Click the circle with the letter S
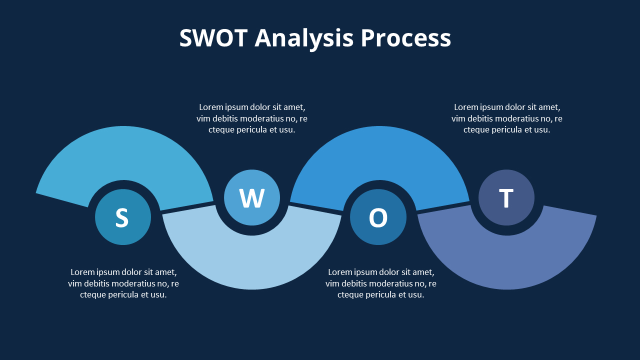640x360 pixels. (123, 217)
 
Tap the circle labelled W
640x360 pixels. (251, 197)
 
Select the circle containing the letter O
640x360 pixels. (378, 217)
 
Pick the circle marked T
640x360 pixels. (506, 197)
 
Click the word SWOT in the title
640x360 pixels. (213, 38)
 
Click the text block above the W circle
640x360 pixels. (252, 118)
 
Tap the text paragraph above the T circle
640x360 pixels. (507, 118)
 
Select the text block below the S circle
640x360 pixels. (123, 283)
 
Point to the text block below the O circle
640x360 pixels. (381, 283)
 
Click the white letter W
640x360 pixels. (251, 198)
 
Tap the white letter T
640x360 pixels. (506, 198)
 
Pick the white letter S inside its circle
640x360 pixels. (122, 217)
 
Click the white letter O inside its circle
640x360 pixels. (378, 217)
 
